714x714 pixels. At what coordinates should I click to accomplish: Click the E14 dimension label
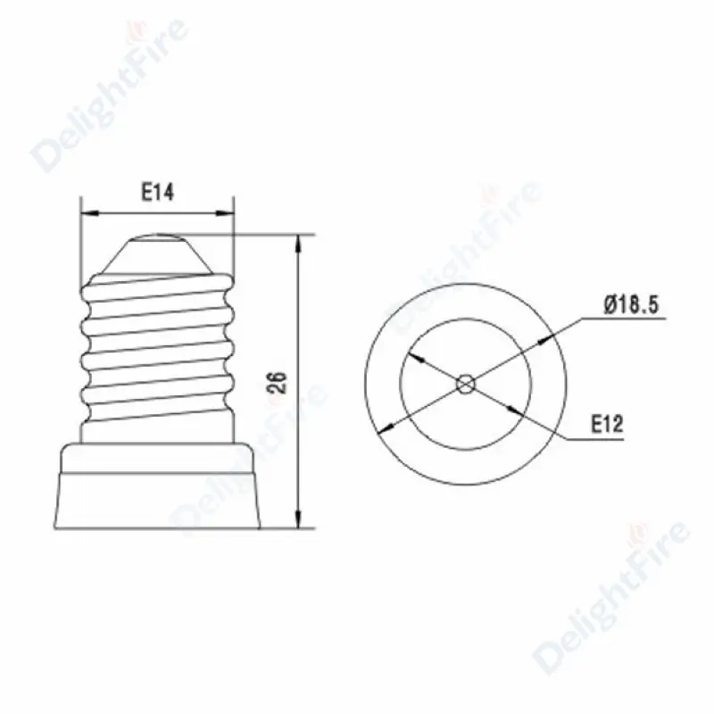click(157, 192)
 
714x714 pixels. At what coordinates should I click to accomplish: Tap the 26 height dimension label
click(277, 383)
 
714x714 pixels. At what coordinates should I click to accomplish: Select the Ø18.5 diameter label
click(631, 304)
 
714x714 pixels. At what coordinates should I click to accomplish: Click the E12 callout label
click(607, 424)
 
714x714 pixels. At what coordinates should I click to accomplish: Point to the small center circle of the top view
click(465, 385)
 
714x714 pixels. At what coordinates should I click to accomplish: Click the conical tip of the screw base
click(157, 255)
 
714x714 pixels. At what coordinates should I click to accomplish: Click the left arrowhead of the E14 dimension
click(90, 212)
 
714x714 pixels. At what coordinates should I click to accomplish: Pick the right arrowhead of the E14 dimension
click(225, 212)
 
